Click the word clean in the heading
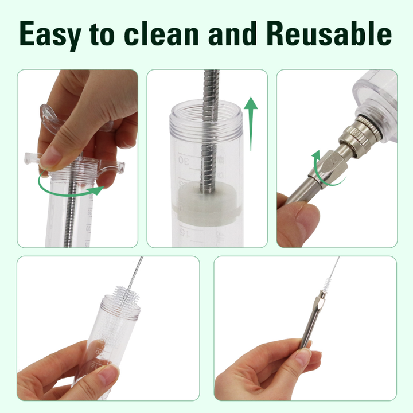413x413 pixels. coord(161,33)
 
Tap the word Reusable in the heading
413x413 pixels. coord(329,33)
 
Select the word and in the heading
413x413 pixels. coord(232,33)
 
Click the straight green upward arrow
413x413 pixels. coord(251,124)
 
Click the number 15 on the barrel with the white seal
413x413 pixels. coord(185,232)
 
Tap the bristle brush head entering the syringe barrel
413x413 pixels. coord(126,294)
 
